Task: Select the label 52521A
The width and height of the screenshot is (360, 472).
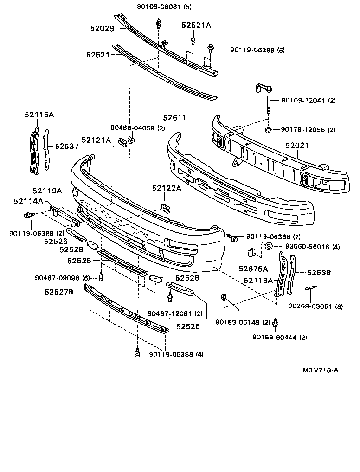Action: [196, 26]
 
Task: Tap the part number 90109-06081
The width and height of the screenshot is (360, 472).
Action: [157, 6]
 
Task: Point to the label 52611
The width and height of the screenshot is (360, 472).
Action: [174, 118]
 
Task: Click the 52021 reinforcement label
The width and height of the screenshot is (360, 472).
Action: [297, 146]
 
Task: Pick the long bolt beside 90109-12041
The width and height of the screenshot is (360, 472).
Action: [268, 104]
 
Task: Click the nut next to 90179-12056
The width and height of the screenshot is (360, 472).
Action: [268, 129]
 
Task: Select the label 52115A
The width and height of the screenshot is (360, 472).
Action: [39, 114]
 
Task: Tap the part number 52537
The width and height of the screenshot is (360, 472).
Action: [67, 146]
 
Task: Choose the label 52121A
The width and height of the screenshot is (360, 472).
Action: [96, 140]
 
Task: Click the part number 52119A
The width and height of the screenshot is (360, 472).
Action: [47, 191]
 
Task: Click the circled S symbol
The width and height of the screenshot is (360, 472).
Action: [268, 247]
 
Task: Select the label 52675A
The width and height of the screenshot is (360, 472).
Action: [253, 268]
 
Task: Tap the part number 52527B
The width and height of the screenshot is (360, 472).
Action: [60, 292]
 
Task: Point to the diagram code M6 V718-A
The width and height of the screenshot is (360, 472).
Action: [320, 370]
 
